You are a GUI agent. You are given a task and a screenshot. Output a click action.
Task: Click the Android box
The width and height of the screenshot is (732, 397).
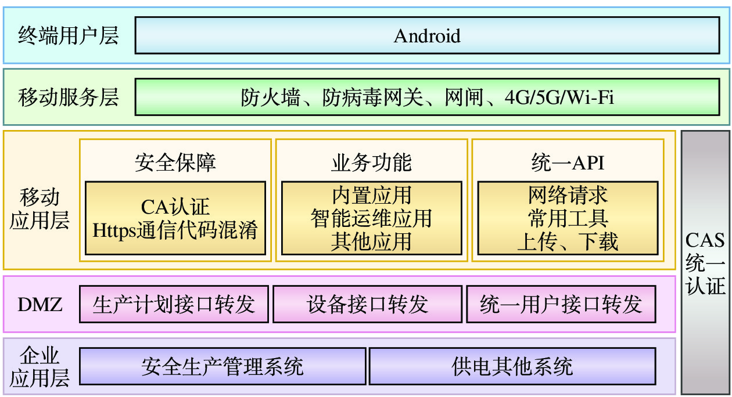pos(427,36)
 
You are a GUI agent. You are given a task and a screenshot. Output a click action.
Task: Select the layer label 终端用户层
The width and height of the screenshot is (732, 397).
pos(69,36)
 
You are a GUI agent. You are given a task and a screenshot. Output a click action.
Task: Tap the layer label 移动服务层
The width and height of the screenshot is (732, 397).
pos(69,98)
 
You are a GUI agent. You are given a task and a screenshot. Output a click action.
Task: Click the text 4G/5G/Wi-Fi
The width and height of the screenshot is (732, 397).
pos(559,98)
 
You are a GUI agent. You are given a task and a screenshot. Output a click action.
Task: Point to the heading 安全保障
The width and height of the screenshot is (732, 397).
pos(175,163)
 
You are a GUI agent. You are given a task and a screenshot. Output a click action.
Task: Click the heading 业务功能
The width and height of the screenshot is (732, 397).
pos(371,163)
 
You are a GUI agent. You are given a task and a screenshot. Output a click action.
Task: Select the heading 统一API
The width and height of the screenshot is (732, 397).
pos(568,163)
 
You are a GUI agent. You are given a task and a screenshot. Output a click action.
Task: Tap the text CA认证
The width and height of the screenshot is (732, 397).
pos(175,207)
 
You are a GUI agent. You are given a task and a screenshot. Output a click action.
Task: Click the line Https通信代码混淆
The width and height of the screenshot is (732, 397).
pos(175,230)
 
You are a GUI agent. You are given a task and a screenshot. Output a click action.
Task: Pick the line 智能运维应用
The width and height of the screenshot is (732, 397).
pos(371,218)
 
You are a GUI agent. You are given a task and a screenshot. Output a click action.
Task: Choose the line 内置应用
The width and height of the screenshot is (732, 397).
pos(371,196)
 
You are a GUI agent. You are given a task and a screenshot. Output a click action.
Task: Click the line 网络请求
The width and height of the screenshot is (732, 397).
pos(568,196)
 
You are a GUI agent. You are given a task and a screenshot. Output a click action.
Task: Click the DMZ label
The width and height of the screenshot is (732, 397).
pos(40,304)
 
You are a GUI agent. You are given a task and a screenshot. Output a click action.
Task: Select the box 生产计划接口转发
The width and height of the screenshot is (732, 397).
pos(174,304)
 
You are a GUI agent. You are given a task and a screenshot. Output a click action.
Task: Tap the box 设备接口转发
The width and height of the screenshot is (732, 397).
pos(367,304)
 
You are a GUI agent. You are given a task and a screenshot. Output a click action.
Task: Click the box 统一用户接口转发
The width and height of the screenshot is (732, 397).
pos(561,304)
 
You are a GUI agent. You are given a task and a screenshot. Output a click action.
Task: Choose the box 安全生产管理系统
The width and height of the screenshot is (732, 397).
pos(223,366)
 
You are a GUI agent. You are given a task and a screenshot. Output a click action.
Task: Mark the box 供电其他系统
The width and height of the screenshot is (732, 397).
pos(512,366)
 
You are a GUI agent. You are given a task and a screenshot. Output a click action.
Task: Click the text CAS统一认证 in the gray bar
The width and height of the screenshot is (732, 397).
pos(705,264)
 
